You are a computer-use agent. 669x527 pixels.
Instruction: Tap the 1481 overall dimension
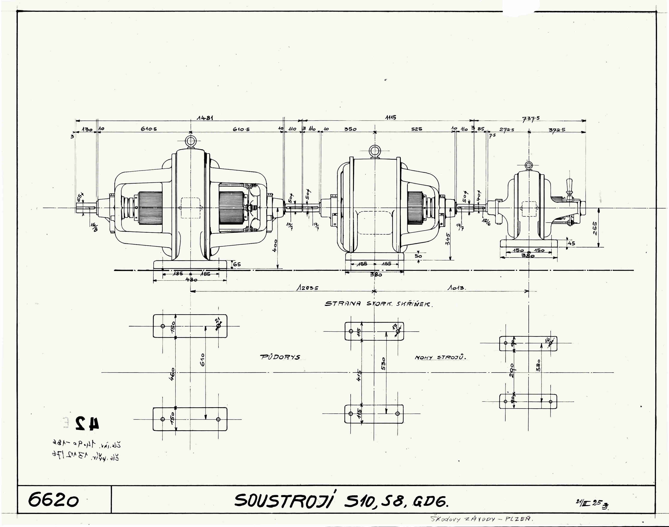click(205, 118)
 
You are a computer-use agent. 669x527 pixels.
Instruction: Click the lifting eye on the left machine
click(191, 142)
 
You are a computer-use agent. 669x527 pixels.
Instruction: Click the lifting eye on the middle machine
click(375, 151)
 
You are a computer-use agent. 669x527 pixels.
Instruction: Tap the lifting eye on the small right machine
click(529, 165)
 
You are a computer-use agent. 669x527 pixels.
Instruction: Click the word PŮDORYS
click(280, 357)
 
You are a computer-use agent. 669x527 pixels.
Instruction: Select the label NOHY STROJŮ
click(440, 358)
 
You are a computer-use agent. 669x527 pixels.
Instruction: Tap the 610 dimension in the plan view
click(202, 360)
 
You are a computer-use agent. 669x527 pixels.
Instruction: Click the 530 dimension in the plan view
click(384, 364)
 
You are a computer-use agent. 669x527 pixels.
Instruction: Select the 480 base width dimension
click(191, 280)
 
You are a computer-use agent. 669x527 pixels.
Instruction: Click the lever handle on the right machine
click(569, 185)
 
